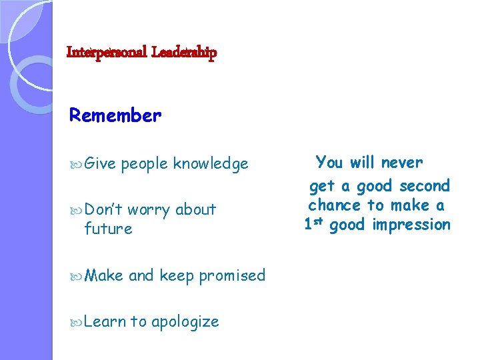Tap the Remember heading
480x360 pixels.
coord(115,115)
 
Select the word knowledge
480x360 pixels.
coord(211,163)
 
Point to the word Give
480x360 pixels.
coord(100,163)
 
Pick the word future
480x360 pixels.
coord(108,229)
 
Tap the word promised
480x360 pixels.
coord(231,275)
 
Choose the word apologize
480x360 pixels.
coord(185,321)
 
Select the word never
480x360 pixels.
coord(402,162)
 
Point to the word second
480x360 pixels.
coord(425,185)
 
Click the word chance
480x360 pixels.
coord(335,205)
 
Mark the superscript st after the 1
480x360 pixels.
coord(319,221)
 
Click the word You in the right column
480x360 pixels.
coord(329,162)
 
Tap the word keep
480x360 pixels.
coord(175,275)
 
